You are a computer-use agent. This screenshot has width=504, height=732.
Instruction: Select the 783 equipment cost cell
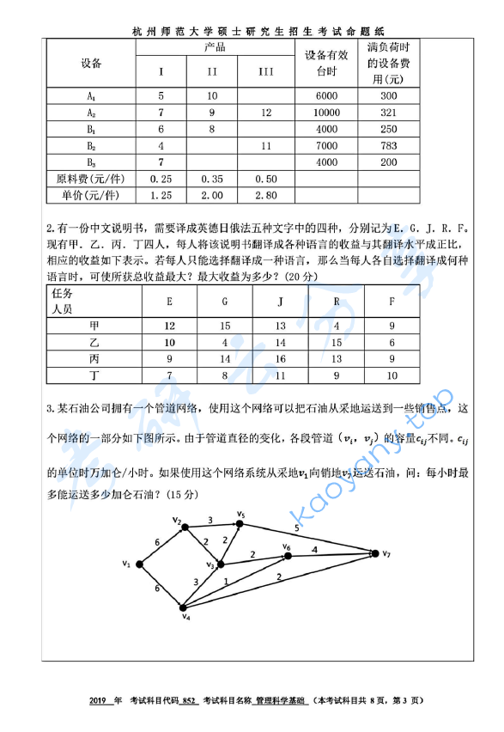click(x=388, y=145)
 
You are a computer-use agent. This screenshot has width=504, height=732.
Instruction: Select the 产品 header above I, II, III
click(x=214, y=47)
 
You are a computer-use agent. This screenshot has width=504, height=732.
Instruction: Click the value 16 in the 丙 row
click(x=281, y=358)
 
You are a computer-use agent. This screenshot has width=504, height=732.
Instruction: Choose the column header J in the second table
click(x=281, y=302)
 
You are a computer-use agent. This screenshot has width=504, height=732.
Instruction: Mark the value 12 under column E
click(x=169, y=326)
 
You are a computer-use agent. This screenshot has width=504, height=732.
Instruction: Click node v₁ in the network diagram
click(x=139, y=564)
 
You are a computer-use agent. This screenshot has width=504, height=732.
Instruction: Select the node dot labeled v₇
click(x=374, y=554)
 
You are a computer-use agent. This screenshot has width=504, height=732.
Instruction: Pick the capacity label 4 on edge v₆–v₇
click(x=314, y=548)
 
